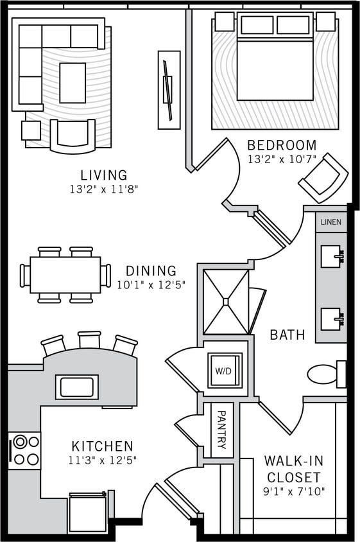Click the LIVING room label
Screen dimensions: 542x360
104,175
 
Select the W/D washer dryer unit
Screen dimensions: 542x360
225,371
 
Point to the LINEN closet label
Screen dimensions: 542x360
332,222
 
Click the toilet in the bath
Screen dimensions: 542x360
324,374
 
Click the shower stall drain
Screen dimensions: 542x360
225,301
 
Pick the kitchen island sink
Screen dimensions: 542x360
77,387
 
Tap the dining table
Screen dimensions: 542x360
65,275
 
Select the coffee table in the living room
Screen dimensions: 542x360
73,83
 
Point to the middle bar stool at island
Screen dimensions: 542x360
89,342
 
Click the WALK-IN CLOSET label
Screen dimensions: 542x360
293,469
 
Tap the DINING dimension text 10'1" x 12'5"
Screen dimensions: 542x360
151,285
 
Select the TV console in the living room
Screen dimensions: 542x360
169,89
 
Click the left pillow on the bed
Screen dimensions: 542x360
257,25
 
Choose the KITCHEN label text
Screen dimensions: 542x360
103,446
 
